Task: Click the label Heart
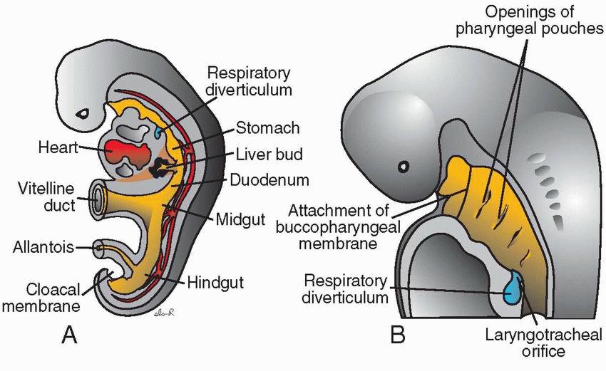tap(58, 149)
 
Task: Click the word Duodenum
tap(269, 179)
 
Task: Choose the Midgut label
tap(240, 218)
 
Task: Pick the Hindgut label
tap(216, 283)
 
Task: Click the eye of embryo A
tap(83, 113)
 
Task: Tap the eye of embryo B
tap(404, 167)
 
